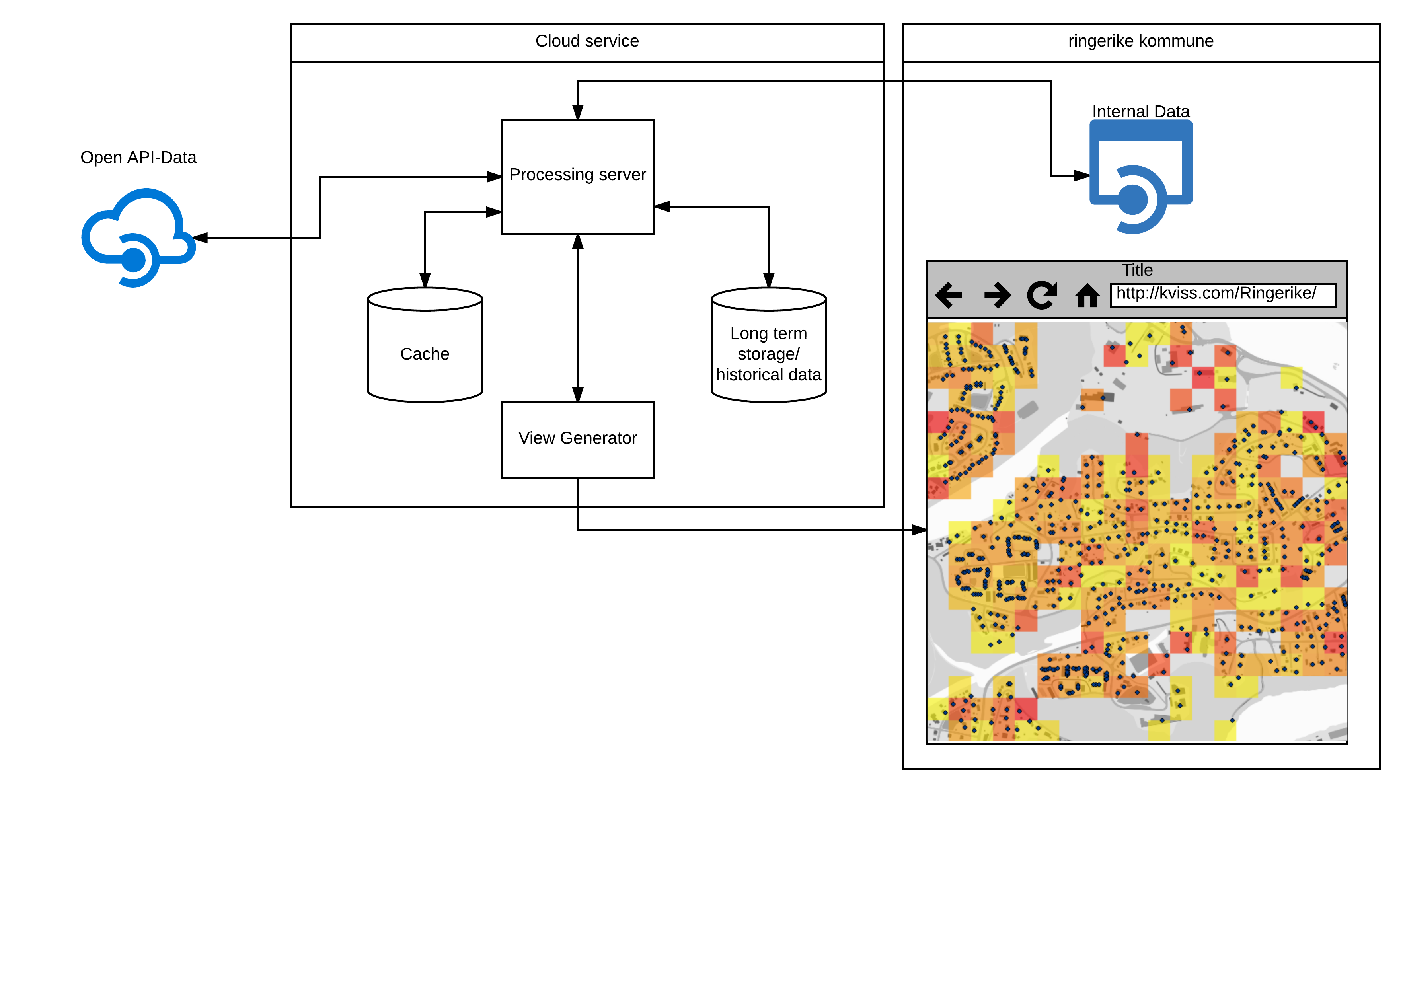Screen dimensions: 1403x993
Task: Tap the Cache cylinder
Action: coord(425,345)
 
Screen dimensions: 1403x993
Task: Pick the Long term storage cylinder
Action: coord(769,345)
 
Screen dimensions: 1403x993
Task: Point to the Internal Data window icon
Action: coord(1141,177)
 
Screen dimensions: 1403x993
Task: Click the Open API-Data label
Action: coord(138,158)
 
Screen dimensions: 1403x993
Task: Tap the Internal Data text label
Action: coord(1141,111)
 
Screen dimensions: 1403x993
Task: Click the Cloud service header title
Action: coord(587,41)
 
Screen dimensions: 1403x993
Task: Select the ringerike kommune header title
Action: coord(1141,41)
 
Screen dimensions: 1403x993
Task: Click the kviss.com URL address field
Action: coord(1223,295)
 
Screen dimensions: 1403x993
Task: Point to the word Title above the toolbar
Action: coord(1137,270)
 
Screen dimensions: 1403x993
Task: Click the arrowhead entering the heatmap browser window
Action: coord(919,530)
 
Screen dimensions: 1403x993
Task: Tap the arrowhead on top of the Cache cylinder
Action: coord(425,280)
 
